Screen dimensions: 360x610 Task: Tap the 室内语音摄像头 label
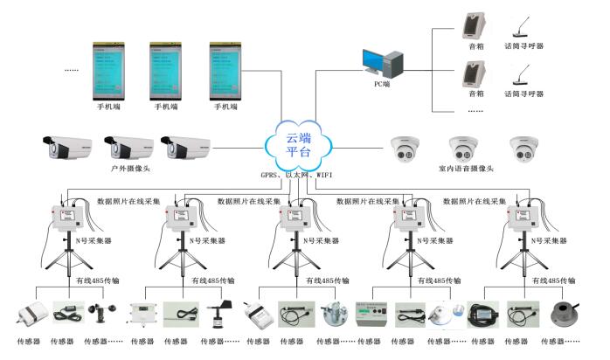466,169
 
